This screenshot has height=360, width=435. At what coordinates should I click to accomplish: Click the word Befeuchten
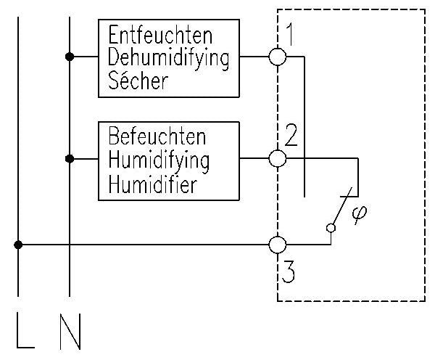pos(157,136)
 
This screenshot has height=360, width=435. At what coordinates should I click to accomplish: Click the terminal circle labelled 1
pos(278,57)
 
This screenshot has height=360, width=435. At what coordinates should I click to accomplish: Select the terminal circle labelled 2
pos(278,157)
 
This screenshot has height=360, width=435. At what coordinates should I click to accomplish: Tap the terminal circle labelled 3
pos(278,245)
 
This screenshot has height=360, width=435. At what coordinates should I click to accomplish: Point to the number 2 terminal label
pos(291,135)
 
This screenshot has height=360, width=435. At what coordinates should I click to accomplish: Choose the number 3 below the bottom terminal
pos(289,274)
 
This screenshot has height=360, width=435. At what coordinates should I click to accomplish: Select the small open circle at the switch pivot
pos(331,228)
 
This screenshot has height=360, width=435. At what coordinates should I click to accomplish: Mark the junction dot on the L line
pos(18,245)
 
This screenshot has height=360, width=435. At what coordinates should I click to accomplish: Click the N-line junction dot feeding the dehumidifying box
pos(70,57)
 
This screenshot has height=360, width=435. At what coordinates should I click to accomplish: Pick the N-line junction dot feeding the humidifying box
pos(70,157)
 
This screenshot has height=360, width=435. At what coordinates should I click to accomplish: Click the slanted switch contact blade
pos(343,207)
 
